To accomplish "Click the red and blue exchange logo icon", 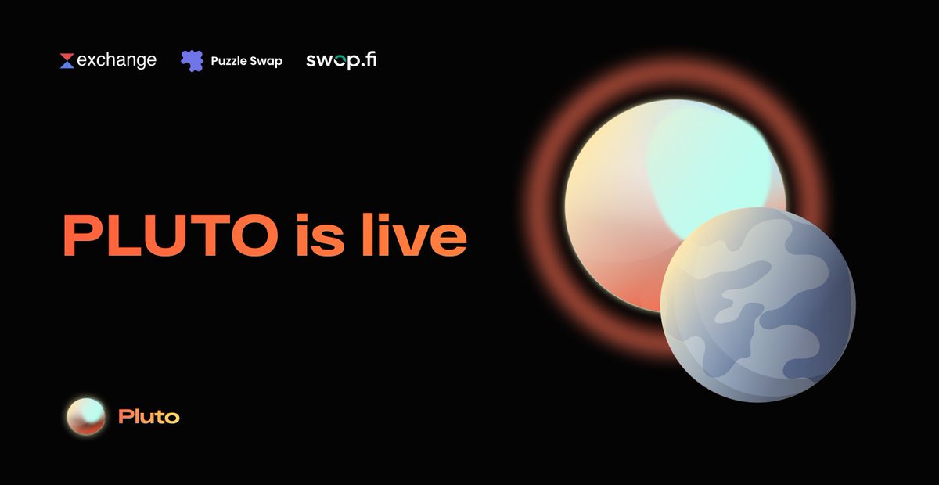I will [67, 60].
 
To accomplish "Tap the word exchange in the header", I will [117, 59].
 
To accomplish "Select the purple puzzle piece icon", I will [192, 60].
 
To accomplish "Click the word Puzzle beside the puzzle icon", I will [227, 60].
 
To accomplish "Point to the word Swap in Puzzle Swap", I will [266, 60].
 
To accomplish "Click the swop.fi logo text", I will [341, 59].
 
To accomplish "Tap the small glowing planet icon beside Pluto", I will [86, 416].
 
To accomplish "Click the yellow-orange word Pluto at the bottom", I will [149, 417].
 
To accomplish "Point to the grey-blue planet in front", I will [757, 305].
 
